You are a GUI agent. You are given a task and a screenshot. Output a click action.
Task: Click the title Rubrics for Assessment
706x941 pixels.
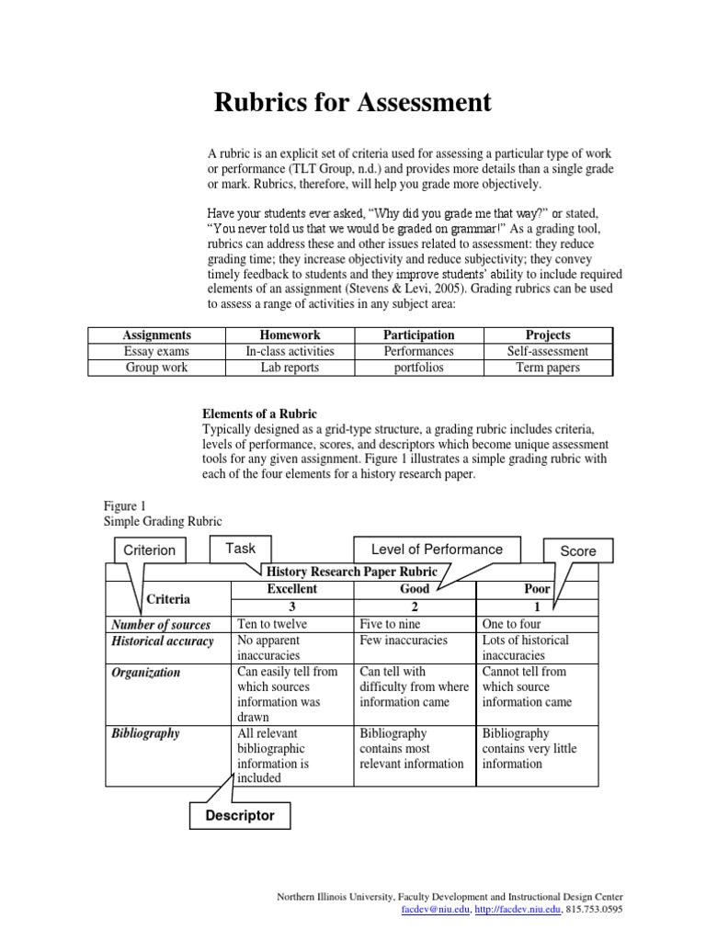pyautogui.click(x=352, y=103)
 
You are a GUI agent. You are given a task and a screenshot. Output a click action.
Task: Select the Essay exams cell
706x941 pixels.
pyautogui.click(x=155, y=351)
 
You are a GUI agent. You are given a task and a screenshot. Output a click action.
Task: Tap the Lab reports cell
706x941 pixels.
pyautogui.click(x=290, y=368)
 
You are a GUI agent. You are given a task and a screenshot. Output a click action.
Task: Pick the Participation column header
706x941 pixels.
pyautogui.click(x=418, y=335)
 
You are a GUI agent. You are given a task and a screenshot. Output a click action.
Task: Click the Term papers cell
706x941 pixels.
pyautogui.click(x=548, y=368)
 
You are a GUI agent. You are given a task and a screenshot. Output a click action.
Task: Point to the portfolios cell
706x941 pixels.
pyautogui.click(x=418, y=368)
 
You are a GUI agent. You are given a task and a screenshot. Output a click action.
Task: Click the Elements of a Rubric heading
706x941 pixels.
pyautogui.click(x=259, y=414)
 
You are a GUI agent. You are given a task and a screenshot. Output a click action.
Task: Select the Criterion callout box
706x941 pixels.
pyautogui.click(x=149, y=550)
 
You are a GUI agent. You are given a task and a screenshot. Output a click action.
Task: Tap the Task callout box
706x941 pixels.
pyautogui.click(x=240, y=549)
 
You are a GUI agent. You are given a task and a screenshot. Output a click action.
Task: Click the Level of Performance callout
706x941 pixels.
pyautogui.click(x=437, y=550)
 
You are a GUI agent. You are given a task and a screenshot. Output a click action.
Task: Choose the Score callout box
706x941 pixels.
pyautogui.click(x=578, y=550)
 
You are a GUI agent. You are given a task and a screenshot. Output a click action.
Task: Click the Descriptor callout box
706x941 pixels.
pyautogui.click(x=239, y=815)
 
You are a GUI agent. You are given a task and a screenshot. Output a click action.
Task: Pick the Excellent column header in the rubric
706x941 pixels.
pyautogui.click(x=291, y=589)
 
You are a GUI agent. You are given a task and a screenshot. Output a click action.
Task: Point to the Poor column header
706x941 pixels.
pyautogui.click(x=536, y=589)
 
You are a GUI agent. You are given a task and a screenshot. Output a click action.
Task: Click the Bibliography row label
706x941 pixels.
pyautogui.click(x=145, y=733)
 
